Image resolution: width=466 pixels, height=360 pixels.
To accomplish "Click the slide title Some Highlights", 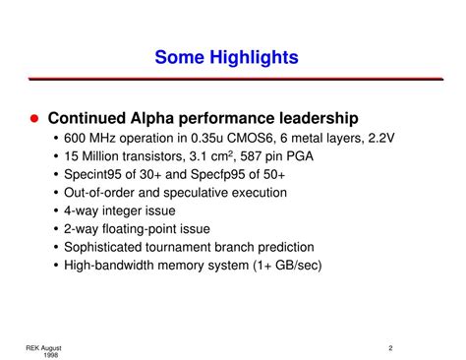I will click(226, 59).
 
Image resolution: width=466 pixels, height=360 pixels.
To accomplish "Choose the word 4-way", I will click(84, 210).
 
